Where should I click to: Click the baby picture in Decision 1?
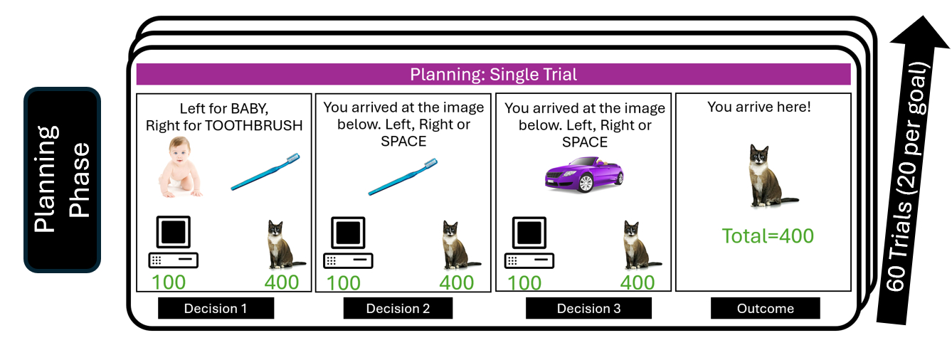[x=179, y=168]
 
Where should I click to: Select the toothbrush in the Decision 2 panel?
[x=403, y=175]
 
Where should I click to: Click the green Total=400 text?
[x=768, y=236]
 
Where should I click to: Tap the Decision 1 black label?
[x=216, y=308]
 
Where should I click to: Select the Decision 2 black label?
[x=398, y=308]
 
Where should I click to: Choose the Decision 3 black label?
[x=588, y=308]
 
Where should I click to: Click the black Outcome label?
[x=765, y=308]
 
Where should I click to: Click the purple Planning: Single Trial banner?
[x=493, y=74]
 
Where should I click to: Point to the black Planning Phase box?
[x=63, y=179]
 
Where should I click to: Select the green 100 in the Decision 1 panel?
[x=168, y=282]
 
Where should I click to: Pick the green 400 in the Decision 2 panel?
[x=456, y=282]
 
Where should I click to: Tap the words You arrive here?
[x=758, y=107]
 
